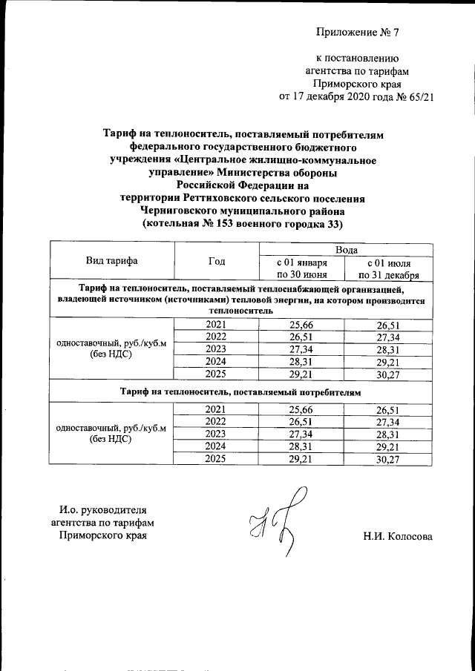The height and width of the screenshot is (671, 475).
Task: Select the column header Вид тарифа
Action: point(111,261)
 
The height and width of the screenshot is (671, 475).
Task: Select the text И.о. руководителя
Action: point(103,509)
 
